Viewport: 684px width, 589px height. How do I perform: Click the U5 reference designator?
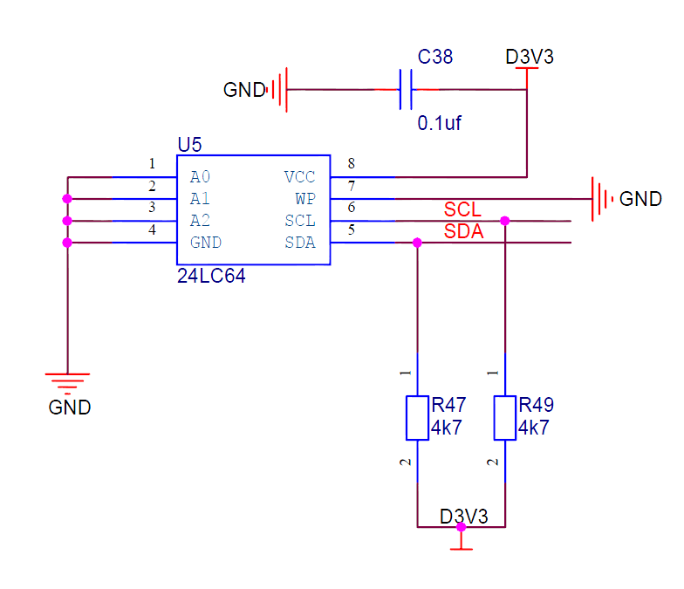coord(189,144)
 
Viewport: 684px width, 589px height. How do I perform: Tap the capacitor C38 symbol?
coord(406,90)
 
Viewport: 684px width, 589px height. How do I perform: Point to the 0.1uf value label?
coord(438,123)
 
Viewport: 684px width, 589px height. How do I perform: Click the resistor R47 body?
coord(417,417)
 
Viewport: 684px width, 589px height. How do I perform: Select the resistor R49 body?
coord(505,417)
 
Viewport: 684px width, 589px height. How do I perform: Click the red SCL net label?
coord(462,209)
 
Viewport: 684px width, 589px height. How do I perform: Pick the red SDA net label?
coord(463,232)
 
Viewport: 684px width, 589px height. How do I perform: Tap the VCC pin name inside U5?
coord(299,177)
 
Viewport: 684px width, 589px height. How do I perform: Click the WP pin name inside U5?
coord(304,199)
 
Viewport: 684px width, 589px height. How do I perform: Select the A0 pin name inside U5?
coord(200,177)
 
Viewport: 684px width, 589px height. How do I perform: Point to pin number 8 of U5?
coord(351,163)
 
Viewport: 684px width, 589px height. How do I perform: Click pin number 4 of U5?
coord(152,229)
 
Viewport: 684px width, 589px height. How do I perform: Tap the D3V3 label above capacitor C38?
coord(529,58)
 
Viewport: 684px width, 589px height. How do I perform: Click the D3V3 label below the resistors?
coord(464,516)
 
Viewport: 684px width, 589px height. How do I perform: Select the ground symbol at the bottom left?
coord(67,382)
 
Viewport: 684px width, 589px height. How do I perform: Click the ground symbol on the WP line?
coord(603,199)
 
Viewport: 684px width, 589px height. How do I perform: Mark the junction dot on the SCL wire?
coord(505,221)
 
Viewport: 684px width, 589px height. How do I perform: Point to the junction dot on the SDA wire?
coord(417,243)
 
